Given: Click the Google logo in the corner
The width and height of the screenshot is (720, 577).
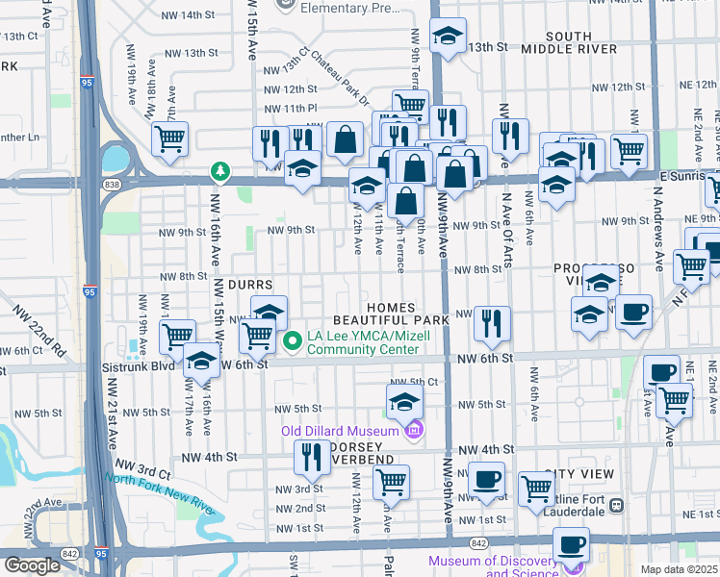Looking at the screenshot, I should pyautogui.click(x=31, y=565).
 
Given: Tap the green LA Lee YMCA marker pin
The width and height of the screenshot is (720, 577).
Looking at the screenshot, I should pyautogui.click(x=295, y=340).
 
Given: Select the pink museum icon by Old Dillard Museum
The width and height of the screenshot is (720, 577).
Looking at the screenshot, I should pyautogui.click(x=414, y=430).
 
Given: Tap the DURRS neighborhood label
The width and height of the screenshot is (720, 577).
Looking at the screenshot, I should pyautogui.click(x=251, y=286).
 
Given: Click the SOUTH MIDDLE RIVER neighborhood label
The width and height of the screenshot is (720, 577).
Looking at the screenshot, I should pyautogui.click(x=569, y=44).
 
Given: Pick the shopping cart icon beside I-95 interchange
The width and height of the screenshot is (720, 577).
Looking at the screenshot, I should pyautogui.click(x=169, y=138).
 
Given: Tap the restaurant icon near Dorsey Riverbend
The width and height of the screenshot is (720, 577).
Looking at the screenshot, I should pyautogui.click(x=311, y=457).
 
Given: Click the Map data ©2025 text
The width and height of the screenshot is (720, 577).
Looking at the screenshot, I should pyautogui.click(x=679, y=569).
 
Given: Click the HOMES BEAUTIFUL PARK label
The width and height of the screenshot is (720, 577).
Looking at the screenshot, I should pyautogui.click(x=391, y=311).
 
